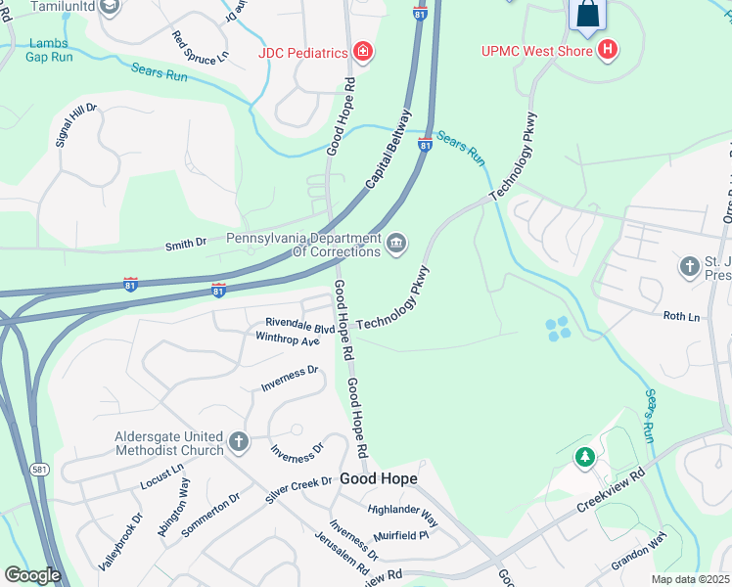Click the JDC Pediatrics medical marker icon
(363, 51)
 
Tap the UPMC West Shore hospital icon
(608, 49)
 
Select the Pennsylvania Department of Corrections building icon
(395, 244)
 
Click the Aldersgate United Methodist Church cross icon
(238, 443)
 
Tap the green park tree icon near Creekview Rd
(584, 456)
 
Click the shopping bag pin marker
(587, 15)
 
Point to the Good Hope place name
(379, 479)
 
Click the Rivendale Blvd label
(299, 325)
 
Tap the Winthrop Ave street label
(287, 340)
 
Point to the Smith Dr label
(186, 242)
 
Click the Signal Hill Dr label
(76, 124)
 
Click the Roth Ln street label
(682, 316)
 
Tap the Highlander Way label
(401, 516)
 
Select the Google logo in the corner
(32, 575)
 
